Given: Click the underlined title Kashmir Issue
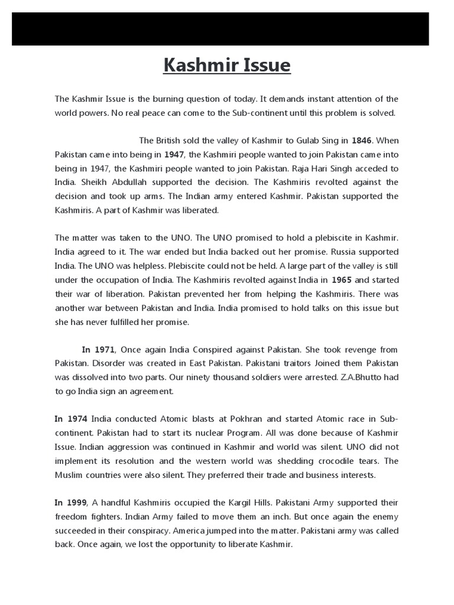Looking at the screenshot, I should click(227, 66).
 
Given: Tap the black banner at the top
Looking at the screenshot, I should click(220, 24).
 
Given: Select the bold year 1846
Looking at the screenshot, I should click(362, 141).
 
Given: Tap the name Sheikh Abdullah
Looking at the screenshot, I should click(98, 182).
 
